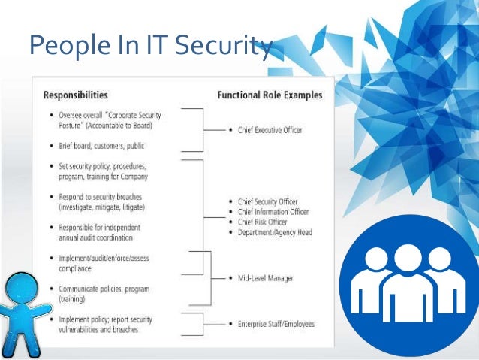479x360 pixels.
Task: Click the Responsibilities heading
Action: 75,95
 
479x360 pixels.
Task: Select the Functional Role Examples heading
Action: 270,95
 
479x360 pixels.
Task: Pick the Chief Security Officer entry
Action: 267,202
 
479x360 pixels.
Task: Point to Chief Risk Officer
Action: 262,222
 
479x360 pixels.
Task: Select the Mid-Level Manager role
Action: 264,277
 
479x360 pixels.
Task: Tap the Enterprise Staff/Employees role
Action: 276,324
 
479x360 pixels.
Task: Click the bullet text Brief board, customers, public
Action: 101,145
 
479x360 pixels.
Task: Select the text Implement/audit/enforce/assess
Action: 102,258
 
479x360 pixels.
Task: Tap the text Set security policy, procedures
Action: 103,166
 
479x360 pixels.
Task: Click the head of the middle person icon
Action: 406,259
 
